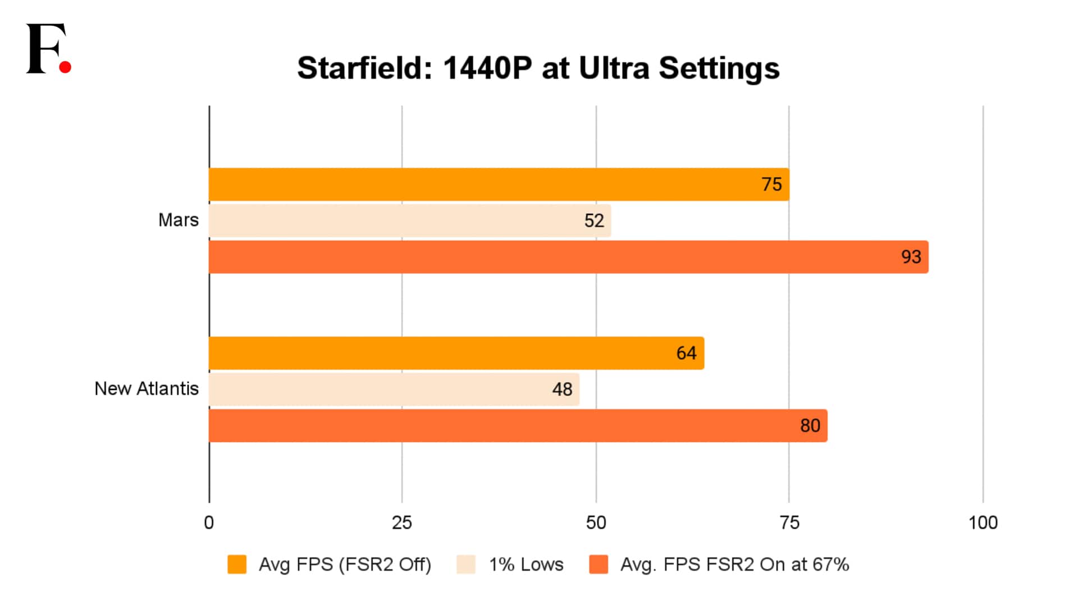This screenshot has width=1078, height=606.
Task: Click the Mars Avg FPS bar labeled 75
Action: pyautogui.click(x=499, y=184)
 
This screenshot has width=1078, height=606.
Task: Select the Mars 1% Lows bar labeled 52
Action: pyautogui.click(x=410, y=221)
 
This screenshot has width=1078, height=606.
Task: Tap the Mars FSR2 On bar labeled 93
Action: pyautogui.click(x=568, y=257)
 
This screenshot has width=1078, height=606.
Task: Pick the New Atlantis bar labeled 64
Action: pyautogui.click(x=456, y=353)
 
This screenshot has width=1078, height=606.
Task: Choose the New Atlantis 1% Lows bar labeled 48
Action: pyautogui.click(x=394, y=389)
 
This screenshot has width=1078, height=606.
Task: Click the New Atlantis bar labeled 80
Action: pyautogui.click(x=518, y=426)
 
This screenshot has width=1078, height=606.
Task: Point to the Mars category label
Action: pyautogui.click(x=178, y=220)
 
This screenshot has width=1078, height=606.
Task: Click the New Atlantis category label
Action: pyautogui.click(x=146, y=389)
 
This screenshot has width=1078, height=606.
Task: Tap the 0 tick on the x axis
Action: pyautogui.click(x=209, y=523)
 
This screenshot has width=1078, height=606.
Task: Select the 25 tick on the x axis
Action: pyautogui.click(x=401, y=523)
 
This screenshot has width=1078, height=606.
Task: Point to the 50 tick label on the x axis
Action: pyautogui.click(x=596, y=523)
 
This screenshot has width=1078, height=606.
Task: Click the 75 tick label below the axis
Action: pyautogui.click(x=789, y=523)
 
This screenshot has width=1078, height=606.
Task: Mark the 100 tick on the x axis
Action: pyautogui.click(x=983, y=523)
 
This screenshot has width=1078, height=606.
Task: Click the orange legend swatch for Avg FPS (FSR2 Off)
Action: pyautogui.click(x=237, y=564)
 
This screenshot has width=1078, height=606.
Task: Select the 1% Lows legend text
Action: pyautogui.click(x=526, y=564)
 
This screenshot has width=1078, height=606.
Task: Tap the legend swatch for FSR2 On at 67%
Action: pyautogui.click(x=599, y=564)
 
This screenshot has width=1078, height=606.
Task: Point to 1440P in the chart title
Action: pyautogui.click(x=487, y=68)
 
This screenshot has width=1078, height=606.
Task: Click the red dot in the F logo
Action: pyautogui.click(x=65, y=67)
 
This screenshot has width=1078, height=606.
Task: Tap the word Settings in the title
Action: pyautogui.click(x=719, y=68)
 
